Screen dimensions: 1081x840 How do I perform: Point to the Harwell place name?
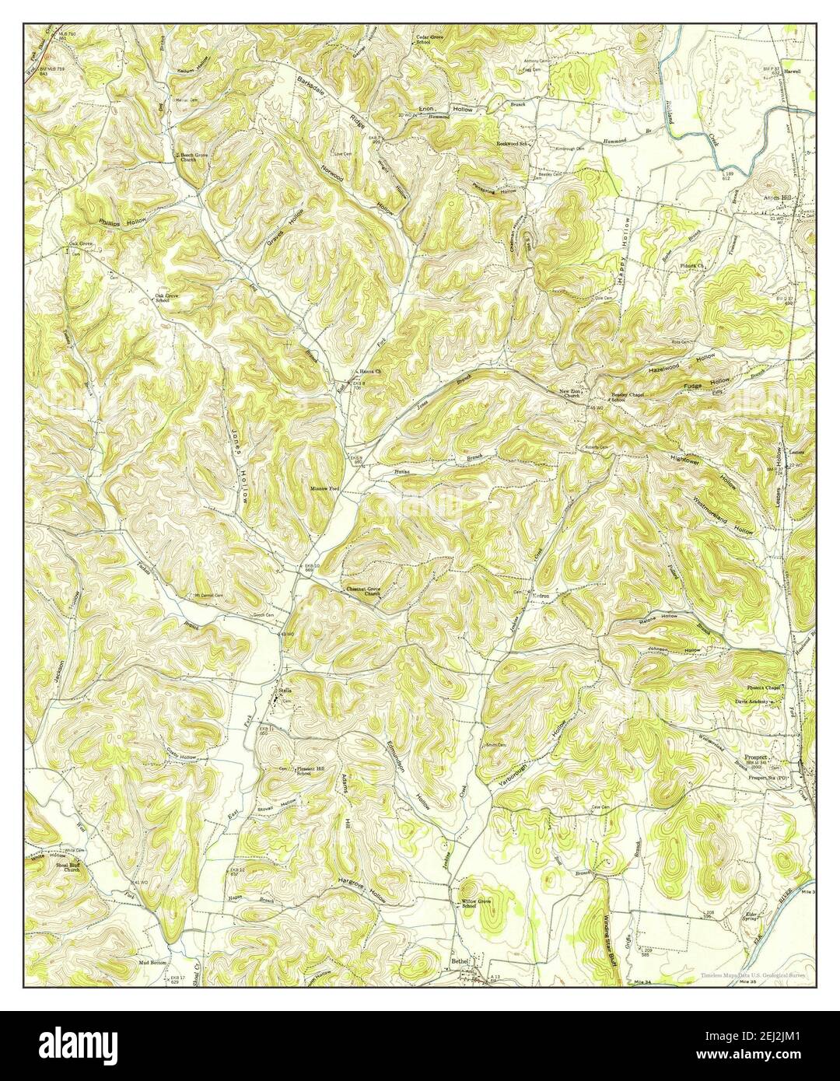point(792,71)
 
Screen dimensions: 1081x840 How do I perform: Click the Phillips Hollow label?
point(123,222)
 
